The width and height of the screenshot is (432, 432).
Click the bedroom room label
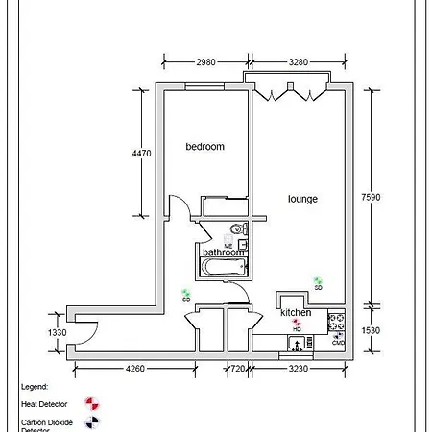(x=204, y=147)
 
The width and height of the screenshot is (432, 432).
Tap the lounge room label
(x=302, y=200)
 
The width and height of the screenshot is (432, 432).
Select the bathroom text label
(x=224, y=252)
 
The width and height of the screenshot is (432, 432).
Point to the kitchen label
(x=295, y=314)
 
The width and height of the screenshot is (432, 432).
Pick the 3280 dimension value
(x=300, y=63)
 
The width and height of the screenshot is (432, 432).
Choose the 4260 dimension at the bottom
(x=133, y=368)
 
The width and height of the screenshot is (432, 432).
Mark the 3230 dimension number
(x=301, y=368)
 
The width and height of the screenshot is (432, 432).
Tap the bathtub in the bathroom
(x=222, y=266)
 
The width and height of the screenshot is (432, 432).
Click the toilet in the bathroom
(x=240, y=229)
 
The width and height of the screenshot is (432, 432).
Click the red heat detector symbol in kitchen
(x=297, y=324)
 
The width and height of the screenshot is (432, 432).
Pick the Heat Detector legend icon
(x=91, y=403)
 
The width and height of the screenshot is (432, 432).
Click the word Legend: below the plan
(x=34, y=386)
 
